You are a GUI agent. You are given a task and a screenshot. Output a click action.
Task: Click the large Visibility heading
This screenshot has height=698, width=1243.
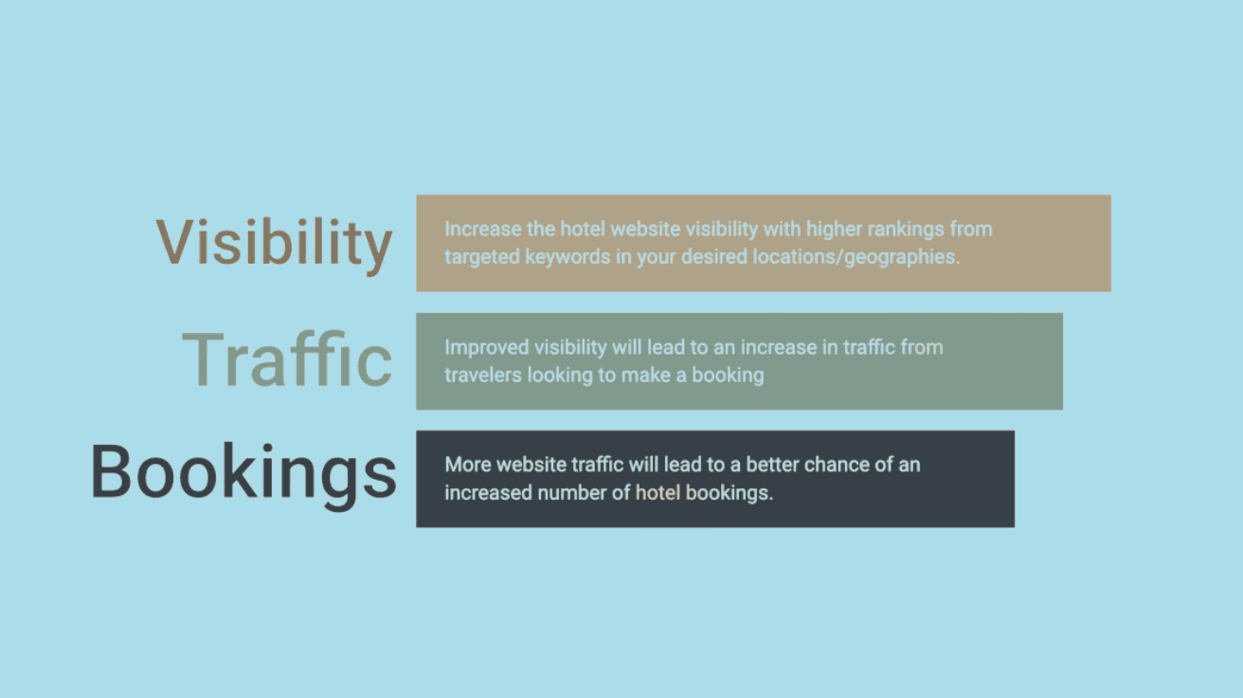coord(274,242)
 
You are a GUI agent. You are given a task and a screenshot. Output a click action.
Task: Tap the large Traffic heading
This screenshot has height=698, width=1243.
coord(286,359)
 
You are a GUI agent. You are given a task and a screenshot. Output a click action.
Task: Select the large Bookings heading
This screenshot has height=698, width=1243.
coord(243,471)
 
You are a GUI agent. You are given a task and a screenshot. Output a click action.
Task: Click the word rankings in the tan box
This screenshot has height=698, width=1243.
coord(897,230)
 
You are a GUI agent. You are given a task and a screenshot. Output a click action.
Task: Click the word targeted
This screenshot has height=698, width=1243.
coord(479,257)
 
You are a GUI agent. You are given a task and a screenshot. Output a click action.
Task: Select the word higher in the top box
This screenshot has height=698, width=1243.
coord(831,230)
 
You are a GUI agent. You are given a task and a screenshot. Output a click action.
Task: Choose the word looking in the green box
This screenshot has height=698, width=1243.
coord(559,375)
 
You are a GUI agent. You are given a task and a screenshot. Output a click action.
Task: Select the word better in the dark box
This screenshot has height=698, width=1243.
coord(761,465)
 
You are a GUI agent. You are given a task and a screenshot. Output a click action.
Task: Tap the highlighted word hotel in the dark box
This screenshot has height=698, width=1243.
coord(658,493)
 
